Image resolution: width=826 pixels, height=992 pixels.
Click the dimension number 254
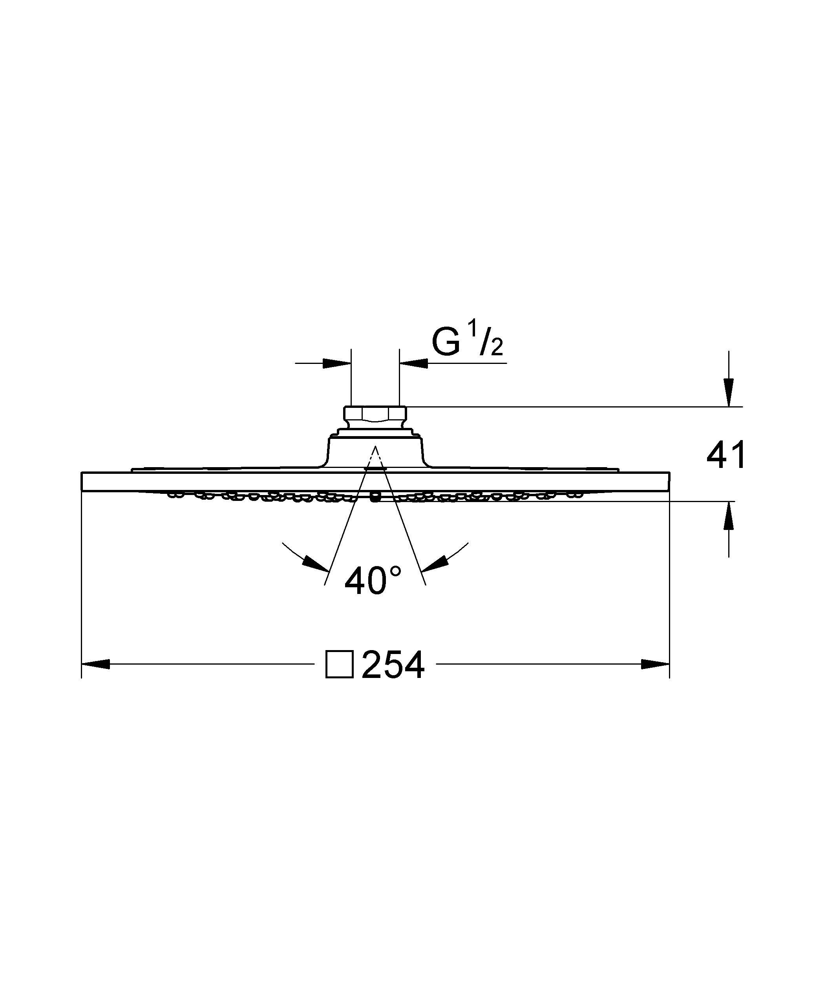[393, 665]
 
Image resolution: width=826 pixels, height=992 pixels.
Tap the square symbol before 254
[339, 665]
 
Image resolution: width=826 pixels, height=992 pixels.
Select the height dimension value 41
[726, 455]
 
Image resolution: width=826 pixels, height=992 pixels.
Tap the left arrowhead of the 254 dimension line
[96, 664]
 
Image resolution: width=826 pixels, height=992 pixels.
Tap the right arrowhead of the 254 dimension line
[655, 664]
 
